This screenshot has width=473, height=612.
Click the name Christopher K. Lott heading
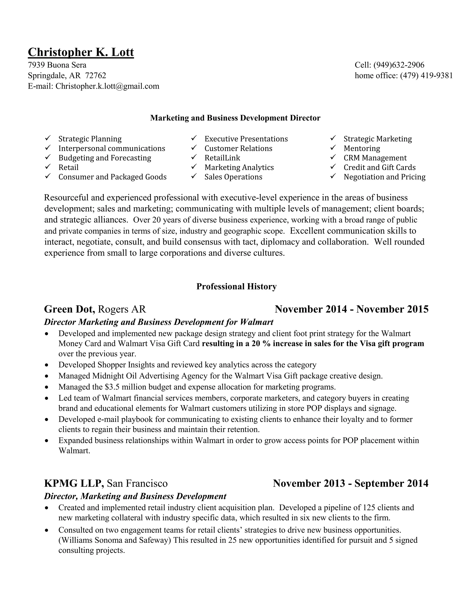coord(81,52)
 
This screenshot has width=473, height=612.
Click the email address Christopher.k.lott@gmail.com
coord(107,86)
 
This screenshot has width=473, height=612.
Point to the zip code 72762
coord(96,76)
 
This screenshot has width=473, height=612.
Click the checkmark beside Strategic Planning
coord(48,138)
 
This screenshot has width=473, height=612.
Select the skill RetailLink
coord(222,158)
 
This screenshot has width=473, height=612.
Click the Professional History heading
coord(236,286)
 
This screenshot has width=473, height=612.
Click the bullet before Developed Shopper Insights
coord(47,365)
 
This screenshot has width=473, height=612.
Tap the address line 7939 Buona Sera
coord(57,65)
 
